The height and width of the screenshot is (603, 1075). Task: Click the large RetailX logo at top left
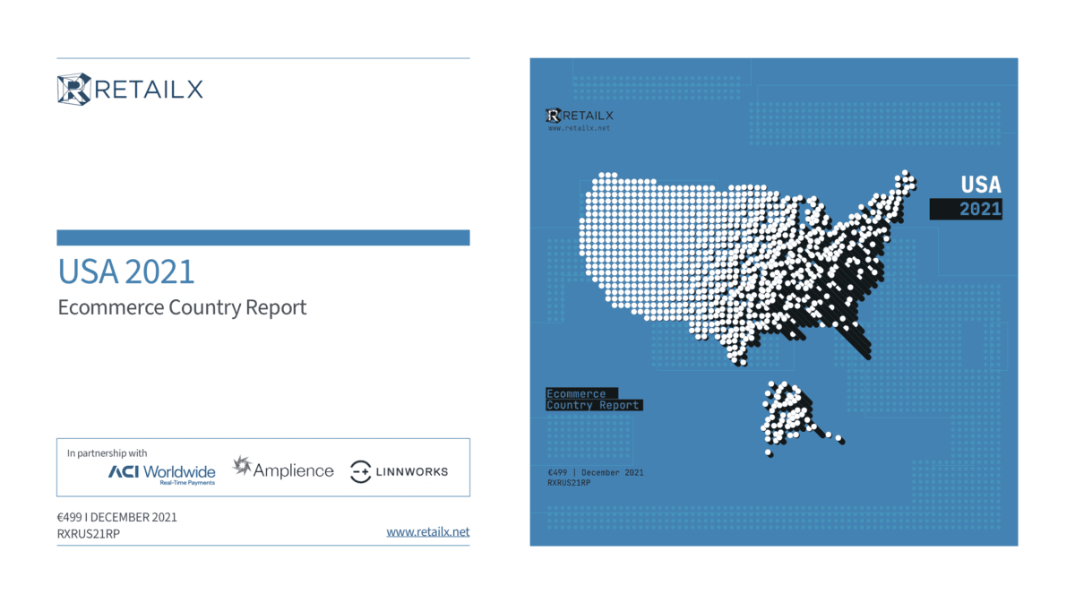pos(130,90)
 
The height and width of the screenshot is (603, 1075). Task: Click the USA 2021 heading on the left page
pos(126,271)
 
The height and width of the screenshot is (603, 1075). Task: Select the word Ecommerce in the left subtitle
pos(111,307)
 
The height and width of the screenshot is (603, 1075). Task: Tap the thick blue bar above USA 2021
pos(263,237)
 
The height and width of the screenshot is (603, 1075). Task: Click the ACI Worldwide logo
pos(162,474)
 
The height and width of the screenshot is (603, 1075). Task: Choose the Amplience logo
pos(283,468)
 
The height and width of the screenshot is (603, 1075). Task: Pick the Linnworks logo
pos(399,471)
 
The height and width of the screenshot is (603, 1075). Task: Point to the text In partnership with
pos(107,453)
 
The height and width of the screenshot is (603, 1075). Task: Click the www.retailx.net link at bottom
pos(428,532)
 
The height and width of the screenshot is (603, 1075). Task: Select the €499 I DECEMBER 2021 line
pos(117,518)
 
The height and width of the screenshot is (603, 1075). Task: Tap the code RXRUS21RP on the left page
pos(89,534)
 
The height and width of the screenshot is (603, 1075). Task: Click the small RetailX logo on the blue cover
pos(580,116)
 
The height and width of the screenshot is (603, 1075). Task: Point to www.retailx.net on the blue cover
pos(580,128)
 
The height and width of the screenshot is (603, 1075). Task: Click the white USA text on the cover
pos(981,185)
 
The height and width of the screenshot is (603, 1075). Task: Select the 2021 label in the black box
pos(980,210)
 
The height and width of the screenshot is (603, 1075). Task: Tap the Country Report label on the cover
pos(593,405)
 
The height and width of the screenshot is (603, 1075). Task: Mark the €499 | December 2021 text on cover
pos(596,473)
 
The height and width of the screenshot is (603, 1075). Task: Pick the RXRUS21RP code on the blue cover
pos(569,483)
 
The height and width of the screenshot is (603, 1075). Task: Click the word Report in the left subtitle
pos(276,307)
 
